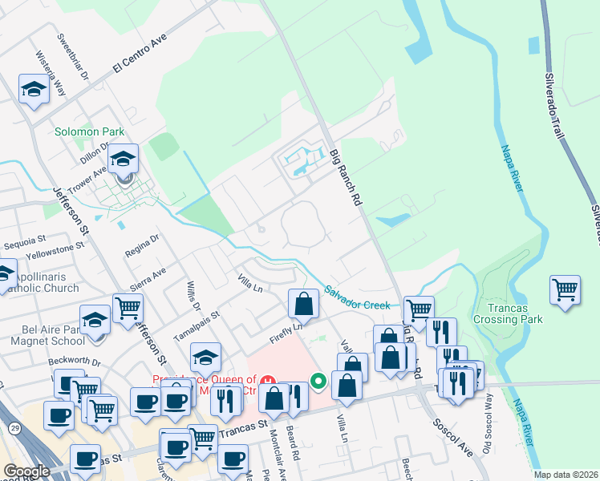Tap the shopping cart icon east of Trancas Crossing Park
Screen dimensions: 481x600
coord(566,289)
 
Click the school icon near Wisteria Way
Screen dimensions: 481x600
coord(34,90)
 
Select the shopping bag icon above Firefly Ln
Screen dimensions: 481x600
coord(304,304)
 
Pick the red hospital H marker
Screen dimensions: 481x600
coord(269,379)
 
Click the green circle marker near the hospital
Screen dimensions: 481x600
coord(318,381)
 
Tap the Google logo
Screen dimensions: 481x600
coord(27,471)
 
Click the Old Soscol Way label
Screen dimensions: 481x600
coord(487,434)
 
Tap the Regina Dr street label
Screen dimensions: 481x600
coord(142,246)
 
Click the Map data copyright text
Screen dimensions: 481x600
coord(566,475)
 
